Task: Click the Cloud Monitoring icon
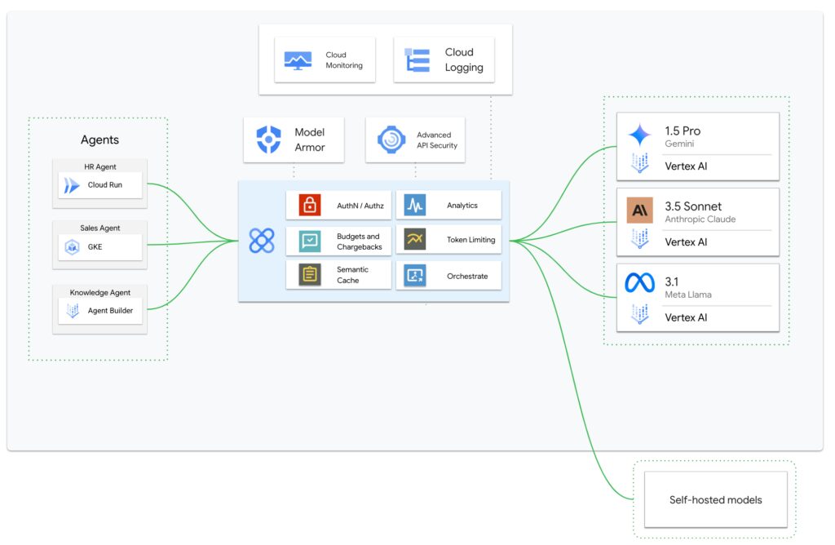(297, 60)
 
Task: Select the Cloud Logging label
(464, 60)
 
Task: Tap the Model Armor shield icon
(268, 140)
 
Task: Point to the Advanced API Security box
(415, 140)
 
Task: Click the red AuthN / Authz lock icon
(310, 206)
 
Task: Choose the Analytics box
(448, 206)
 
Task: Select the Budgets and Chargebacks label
(359, 241)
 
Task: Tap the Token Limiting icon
(415, 240)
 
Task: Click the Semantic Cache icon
(310, 275)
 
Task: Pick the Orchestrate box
(448, 276)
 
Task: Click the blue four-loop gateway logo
(262, 241)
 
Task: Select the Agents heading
(99, 140)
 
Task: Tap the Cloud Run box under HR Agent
(100, 185)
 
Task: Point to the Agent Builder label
(110, 311)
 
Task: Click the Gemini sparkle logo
(639, 135)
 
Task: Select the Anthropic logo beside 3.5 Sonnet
(639, 210)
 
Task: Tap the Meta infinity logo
(639, 283)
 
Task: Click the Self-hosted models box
(715, 499)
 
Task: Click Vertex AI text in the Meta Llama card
(686, 317)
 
